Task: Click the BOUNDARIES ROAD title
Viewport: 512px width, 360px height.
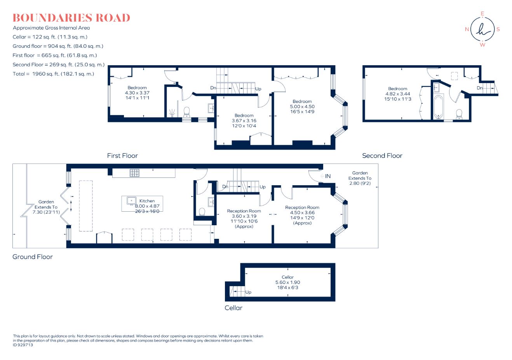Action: tap(71, 18)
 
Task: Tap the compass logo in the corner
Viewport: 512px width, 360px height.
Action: tap(482, 30)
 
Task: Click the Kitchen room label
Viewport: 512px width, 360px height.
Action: tap(147, 201)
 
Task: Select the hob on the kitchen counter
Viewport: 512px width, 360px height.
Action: tap(134, 173)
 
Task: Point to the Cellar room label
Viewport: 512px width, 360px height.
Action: tap(287, 277)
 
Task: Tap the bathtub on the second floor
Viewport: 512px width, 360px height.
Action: tap(439, 106)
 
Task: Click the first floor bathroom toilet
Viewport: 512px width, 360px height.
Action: tap(186, 112)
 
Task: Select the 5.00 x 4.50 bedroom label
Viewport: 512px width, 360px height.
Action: tap(302, 106)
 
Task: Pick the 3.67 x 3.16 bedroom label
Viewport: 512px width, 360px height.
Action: tap(244, 120)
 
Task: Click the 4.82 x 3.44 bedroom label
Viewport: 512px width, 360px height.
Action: tap(397, 94)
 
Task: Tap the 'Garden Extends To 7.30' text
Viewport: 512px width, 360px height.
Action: tap(46, 207)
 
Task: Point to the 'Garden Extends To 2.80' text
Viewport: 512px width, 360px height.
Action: tap(360, 178)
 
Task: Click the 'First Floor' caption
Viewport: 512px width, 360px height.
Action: tap(122, 156)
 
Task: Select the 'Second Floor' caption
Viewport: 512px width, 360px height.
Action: tap(382, 156)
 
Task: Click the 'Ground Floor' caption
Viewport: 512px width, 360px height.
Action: tap(33, 257)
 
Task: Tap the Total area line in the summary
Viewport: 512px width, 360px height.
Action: tap(53, 74)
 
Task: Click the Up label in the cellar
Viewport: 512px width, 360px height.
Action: tap(248, 292)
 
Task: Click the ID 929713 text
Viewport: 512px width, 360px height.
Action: tap(23, 345)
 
